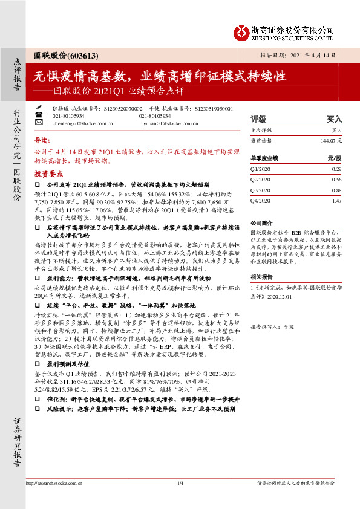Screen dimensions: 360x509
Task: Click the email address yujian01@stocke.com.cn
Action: (x=171, y=122)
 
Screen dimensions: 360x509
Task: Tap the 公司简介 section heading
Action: (x=263, y=222)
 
